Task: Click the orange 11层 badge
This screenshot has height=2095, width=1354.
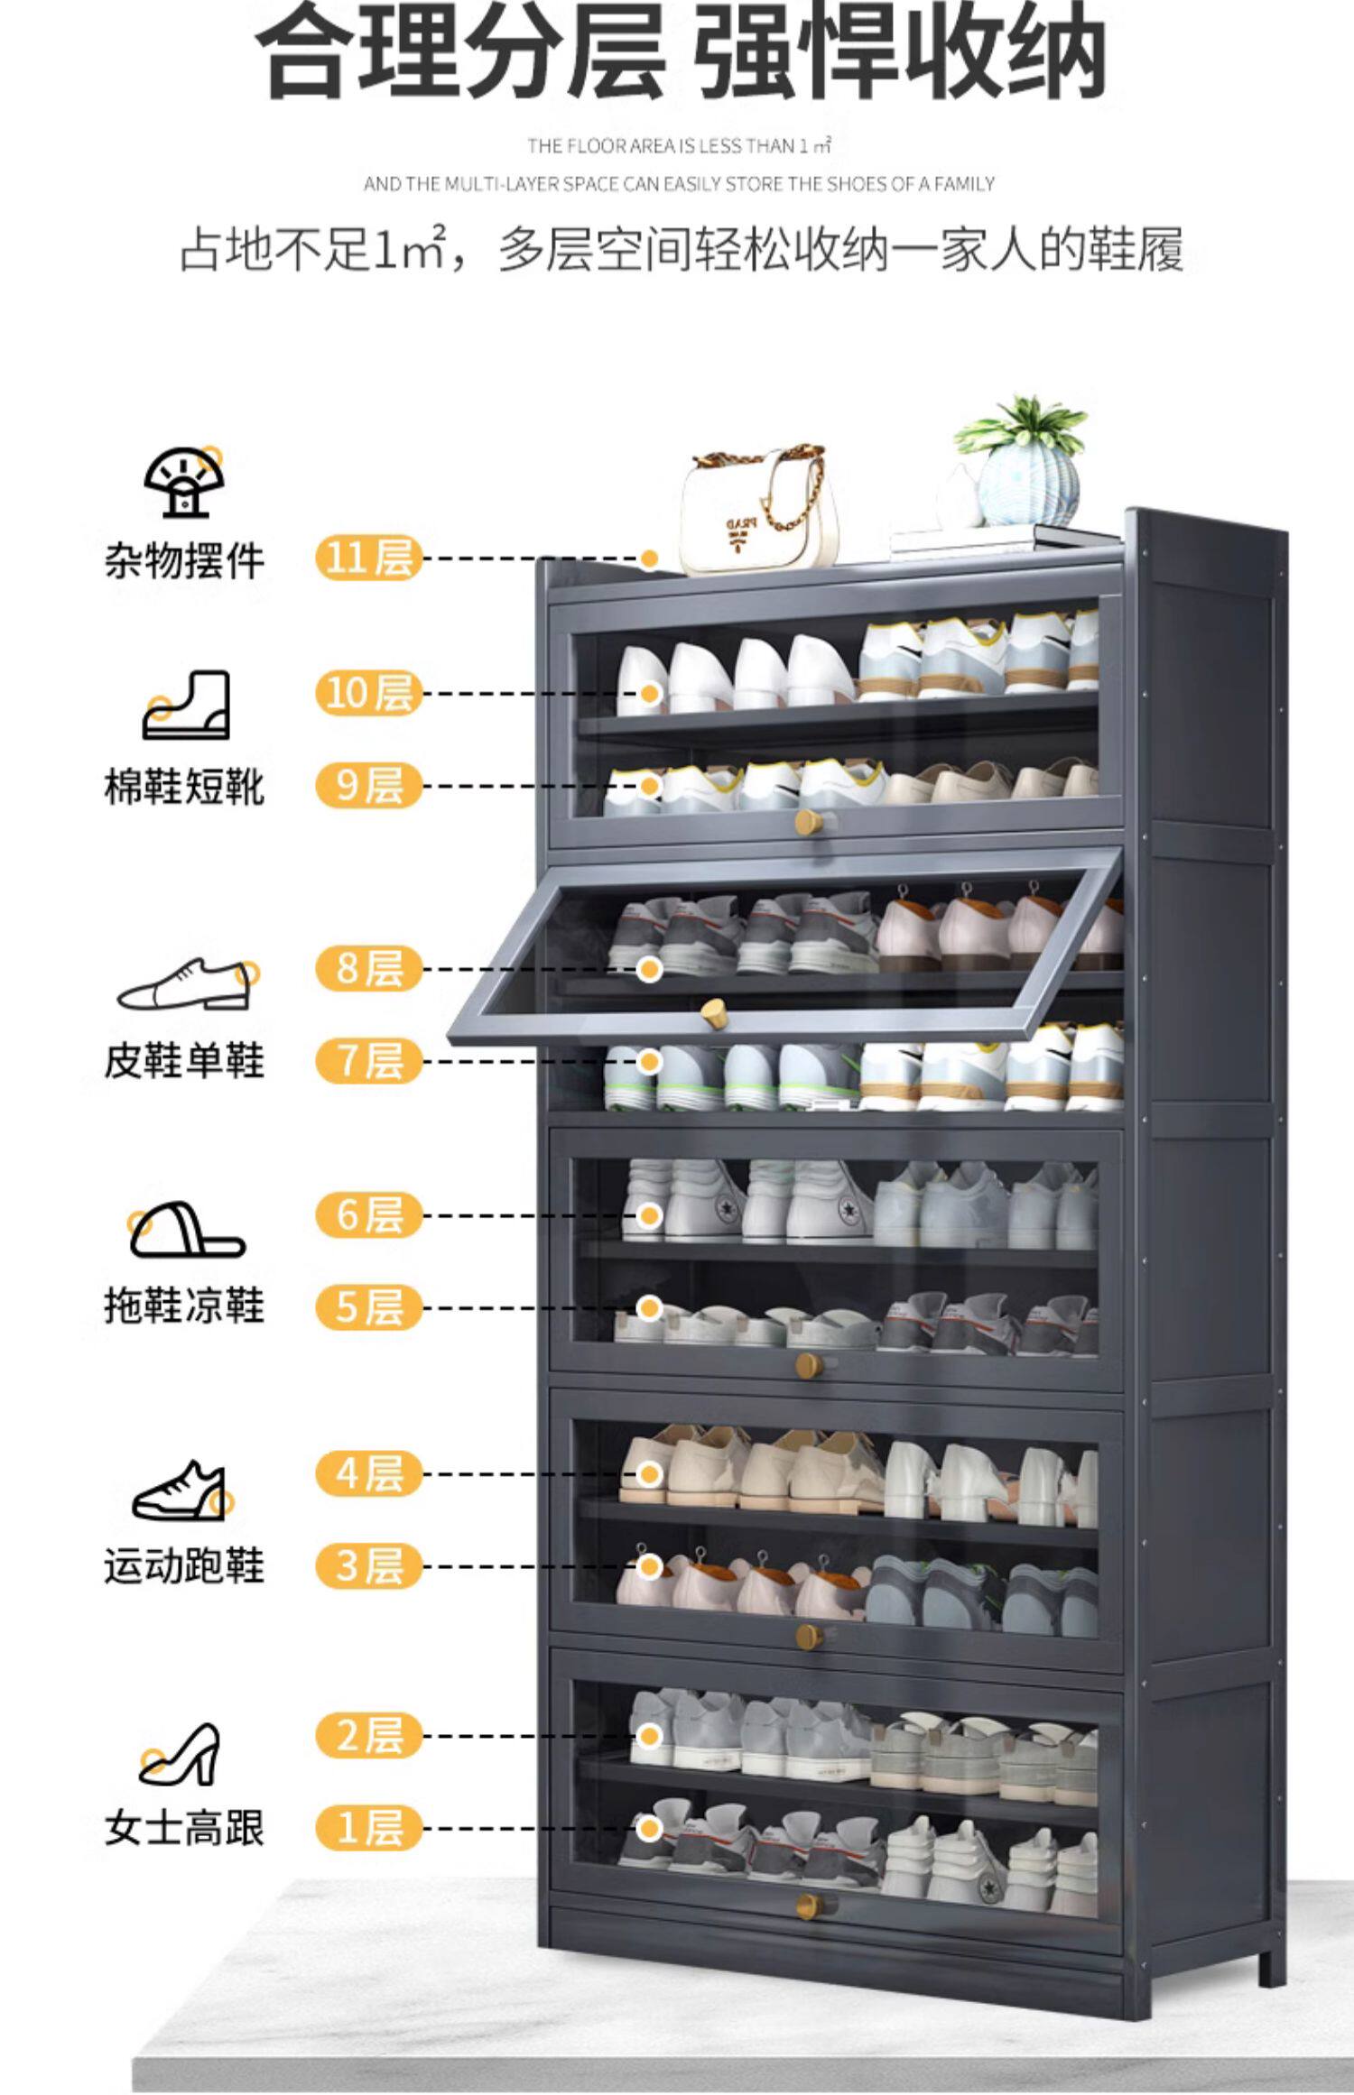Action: tap(368, 558)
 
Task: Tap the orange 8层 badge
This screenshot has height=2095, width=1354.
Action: tap(368, 968)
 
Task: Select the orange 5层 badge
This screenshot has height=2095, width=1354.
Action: tap(368, 1307)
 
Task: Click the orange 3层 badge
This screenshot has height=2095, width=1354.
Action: tap(368, 1565)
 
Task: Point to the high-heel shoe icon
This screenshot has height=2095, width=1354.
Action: tap(181, 1755)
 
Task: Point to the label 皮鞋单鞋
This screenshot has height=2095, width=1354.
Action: tap(184, 1061)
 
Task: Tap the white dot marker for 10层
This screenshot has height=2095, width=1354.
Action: tap(650, 693)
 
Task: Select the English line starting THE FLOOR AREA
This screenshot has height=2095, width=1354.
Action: tap(679, 145)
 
